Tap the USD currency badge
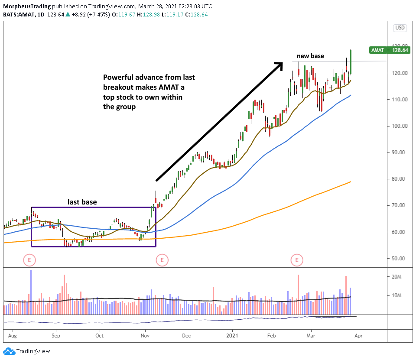(399, 28)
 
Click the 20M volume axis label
(398, 276)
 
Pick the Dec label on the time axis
(187, 335)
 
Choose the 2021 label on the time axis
(232, 335)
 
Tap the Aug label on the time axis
(12, 335)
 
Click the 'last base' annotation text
(81, 202)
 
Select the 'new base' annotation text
(310, 56)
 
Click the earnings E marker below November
(162, 260)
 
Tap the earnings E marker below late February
(297, 260)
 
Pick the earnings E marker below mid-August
(29, 260)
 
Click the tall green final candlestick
(350, 62)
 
